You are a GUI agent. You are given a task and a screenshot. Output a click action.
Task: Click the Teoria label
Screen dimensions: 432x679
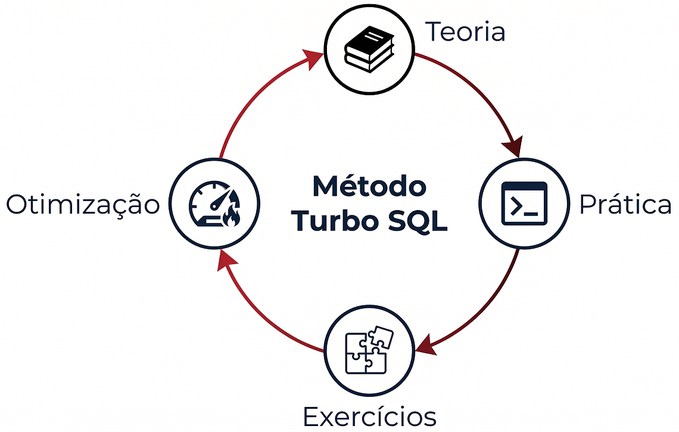465,32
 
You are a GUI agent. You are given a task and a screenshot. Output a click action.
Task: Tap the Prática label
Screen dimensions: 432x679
625,205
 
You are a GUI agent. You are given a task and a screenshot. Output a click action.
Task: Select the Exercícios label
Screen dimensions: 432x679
369,416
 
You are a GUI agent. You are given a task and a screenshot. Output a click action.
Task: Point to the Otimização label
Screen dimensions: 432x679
83,205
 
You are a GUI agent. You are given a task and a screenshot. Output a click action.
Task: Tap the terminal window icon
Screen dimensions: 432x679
524,204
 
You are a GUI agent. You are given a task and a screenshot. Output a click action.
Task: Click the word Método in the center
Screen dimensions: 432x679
369,186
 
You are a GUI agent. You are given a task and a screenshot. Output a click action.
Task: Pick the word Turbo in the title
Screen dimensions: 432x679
329,221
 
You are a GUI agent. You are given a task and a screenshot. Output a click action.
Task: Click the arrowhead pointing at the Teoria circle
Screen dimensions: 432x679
313,60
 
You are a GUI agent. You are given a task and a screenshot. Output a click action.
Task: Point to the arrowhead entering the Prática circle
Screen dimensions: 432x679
512,146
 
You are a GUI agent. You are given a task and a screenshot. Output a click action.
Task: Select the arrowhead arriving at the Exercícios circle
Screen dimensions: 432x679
426,345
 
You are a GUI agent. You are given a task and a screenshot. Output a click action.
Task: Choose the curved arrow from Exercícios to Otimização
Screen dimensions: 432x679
262,315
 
